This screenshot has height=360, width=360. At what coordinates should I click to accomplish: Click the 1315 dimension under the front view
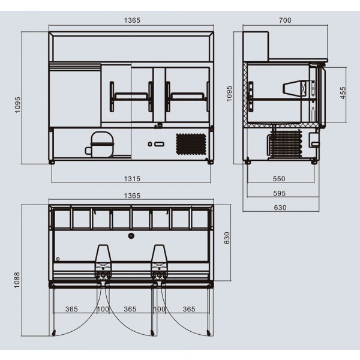(132, 179)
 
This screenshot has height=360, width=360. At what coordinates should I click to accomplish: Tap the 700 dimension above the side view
(285, 20)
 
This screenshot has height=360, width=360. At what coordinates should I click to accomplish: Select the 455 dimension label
(343, 93)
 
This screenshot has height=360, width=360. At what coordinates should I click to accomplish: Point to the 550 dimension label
(279, 179)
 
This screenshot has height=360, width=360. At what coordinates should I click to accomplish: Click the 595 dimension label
(279, 193)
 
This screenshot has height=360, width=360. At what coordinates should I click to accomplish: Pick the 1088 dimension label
(17, 280)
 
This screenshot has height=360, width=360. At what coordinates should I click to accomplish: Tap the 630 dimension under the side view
(280, 208)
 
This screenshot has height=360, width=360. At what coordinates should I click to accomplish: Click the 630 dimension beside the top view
(227, 238)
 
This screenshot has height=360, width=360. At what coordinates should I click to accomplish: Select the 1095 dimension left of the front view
(17, 104)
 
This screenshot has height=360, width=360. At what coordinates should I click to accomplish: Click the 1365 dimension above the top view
(132, 196)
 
